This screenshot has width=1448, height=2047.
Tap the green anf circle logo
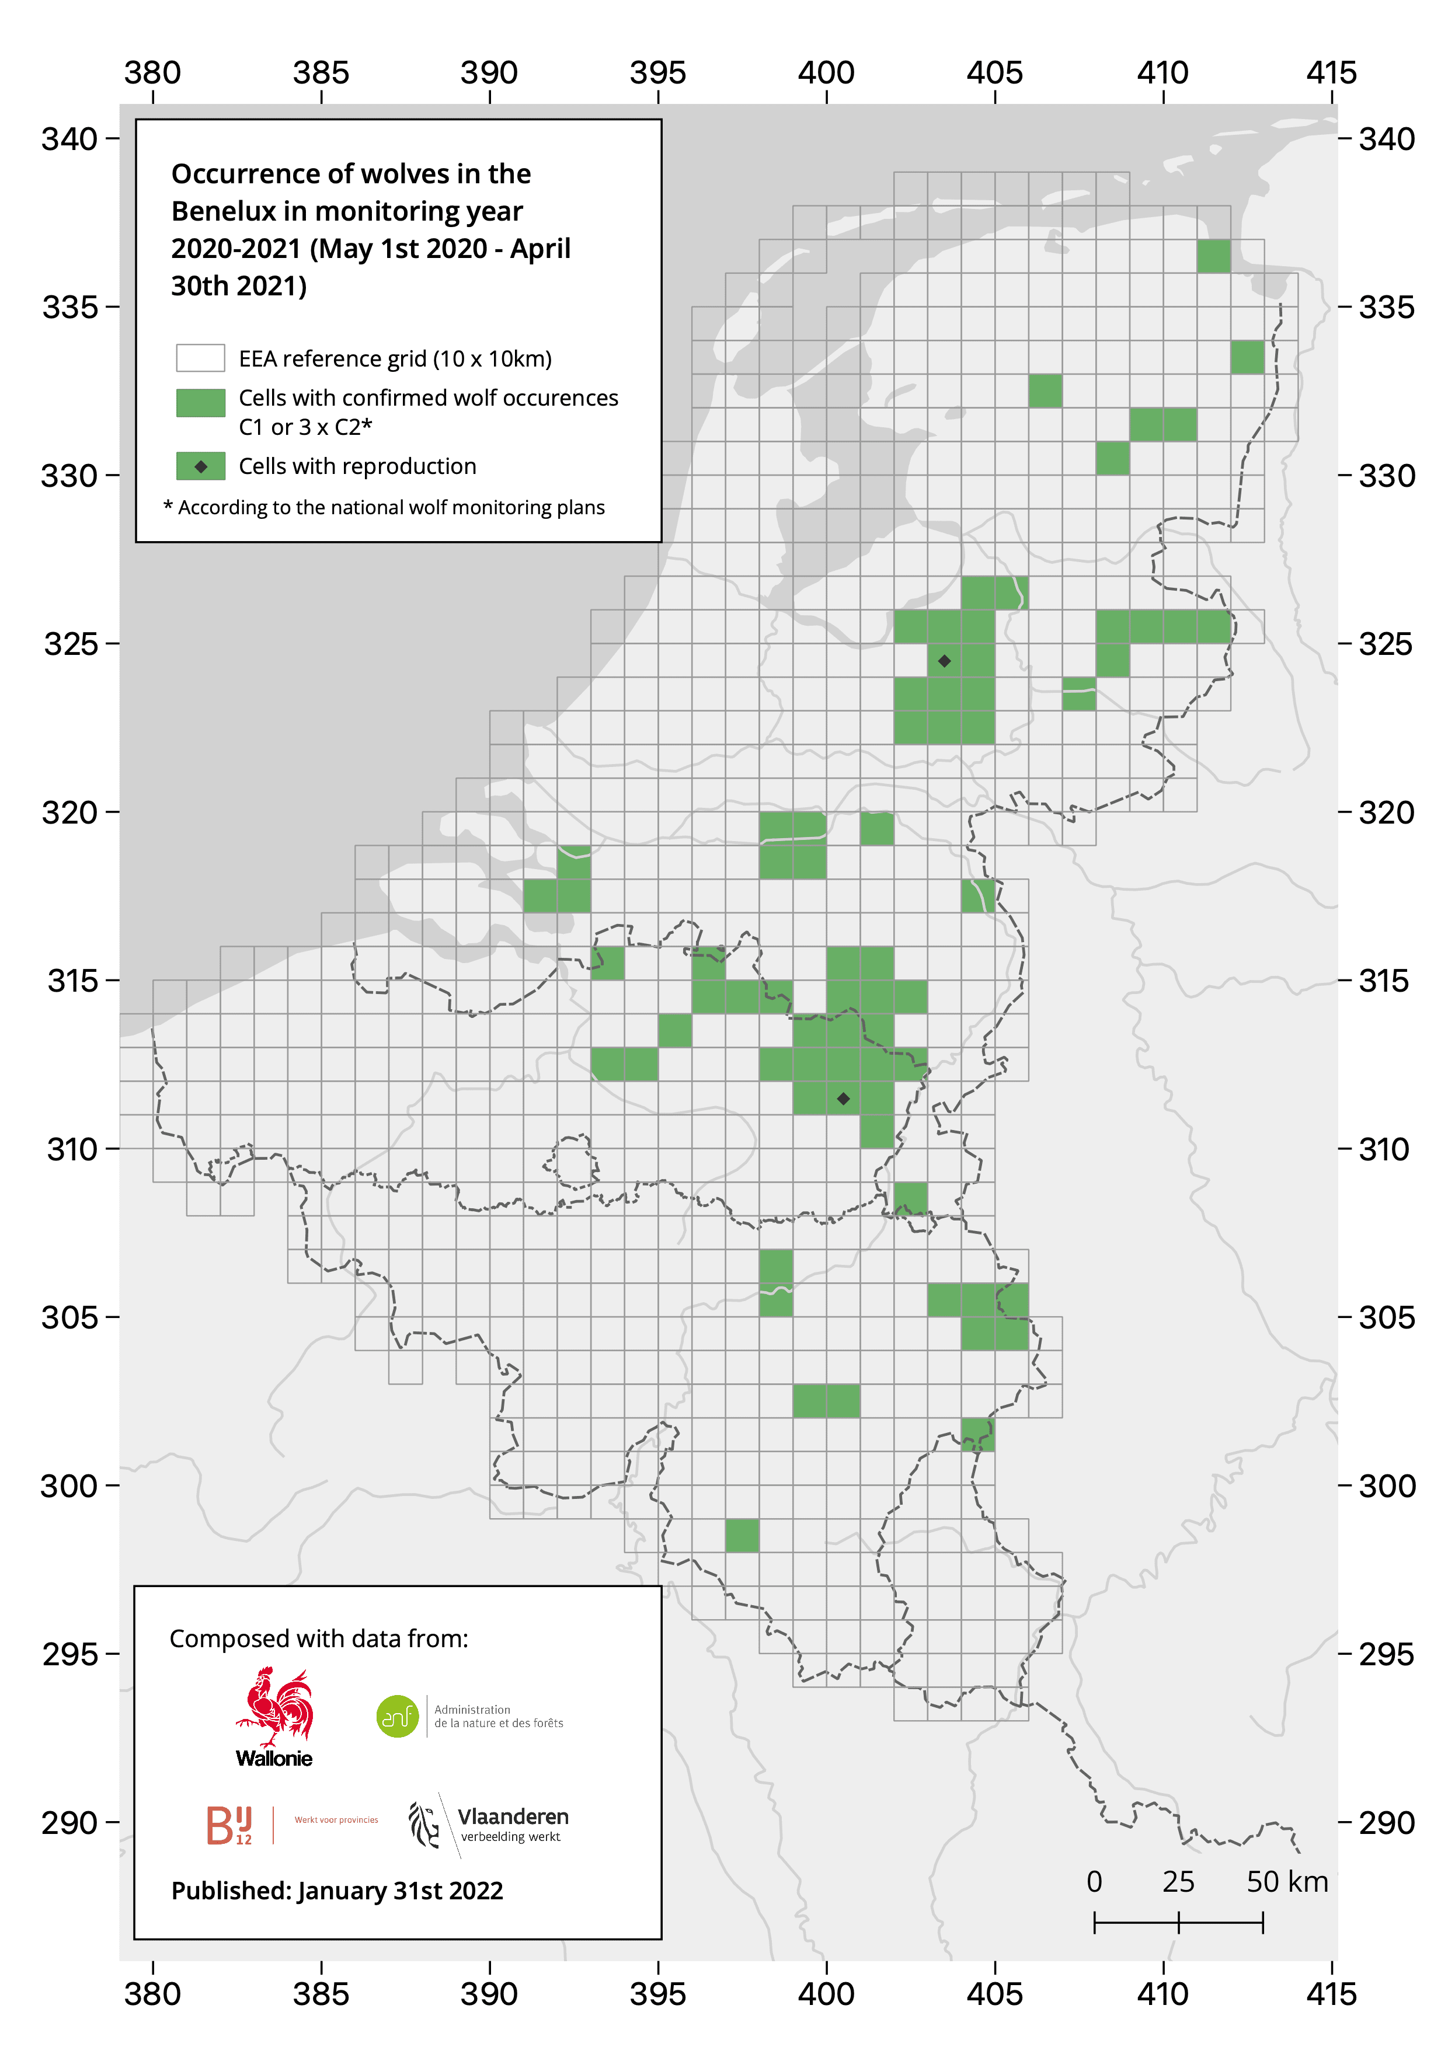(398, 1716)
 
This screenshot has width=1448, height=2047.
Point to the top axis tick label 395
(658, 73)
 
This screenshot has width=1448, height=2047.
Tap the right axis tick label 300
(1387, 1486)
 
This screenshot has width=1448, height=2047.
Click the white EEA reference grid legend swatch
(201, 358)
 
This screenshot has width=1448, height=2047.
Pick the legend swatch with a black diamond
(201, 466)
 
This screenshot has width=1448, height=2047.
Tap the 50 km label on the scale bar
(1287, 1882)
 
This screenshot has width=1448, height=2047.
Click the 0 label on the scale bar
(1094, 1882)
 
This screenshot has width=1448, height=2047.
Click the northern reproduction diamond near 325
(944, 661)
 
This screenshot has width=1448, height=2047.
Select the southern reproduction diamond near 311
(844, 1099)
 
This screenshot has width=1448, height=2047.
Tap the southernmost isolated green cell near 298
(742, 1535)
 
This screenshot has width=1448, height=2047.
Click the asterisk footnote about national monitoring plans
(384, 507)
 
